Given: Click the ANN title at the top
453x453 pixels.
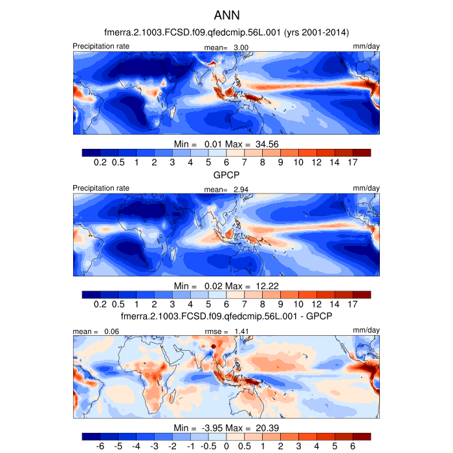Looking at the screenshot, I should coord(226,14).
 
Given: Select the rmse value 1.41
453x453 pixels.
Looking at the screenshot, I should coord(241,331).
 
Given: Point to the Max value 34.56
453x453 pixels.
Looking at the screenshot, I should coord(265,143).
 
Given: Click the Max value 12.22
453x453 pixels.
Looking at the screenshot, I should coord(265,285).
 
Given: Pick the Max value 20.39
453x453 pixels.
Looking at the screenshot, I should coord(265,428).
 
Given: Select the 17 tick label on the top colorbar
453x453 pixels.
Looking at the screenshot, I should coord(353,162).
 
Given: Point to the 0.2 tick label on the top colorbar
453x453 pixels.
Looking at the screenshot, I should coord(100,162).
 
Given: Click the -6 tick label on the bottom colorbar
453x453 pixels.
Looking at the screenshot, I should coord(100,447).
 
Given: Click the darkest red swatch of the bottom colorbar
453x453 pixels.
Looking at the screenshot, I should coord(362,437).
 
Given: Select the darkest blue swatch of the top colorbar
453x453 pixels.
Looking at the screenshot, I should coord(91,153).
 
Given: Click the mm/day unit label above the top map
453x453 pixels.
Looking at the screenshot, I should coord(366,46).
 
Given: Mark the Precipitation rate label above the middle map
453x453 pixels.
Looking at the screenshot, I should coord(101,188).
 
